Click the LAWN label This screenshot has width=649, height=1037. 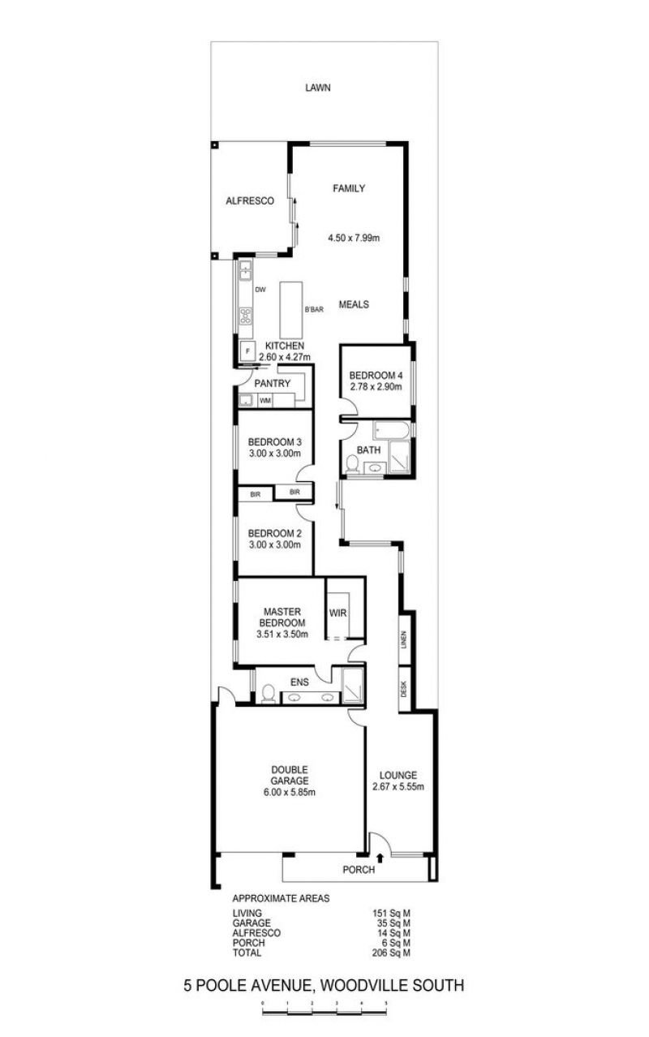[318, 88]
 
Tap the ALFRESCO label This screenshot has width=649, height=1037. [249, 200]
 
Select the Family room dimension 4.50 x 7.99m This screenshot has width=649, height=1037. [354, 239]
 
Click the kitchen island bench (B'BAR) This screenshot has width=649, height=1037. [291, 310]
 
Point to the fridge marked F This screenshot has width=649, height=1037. [247, 351]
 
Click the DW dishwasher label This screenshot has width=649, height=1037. [260, 290]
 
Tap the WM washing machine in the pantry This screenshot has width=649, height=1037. [265, 401]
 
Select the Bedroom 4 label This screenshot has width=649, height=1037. [375, 376]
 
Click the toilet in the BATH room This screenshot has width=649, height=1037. [352, 463]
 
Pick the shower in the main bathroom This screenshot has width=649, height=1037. [399, 459]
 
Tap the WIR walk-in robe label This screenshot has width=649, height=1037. [338, 613]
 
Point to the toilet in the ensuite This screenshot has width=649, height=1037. [268, 693]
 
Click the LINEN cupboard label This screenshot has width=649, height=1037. [404, 640]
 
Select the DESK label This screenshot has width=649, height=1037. [404, 689]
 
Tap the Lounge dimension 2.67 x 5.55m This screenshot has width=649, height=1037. [398, 786]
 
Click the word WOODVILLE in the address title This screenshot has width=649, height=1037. [359, 987]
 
